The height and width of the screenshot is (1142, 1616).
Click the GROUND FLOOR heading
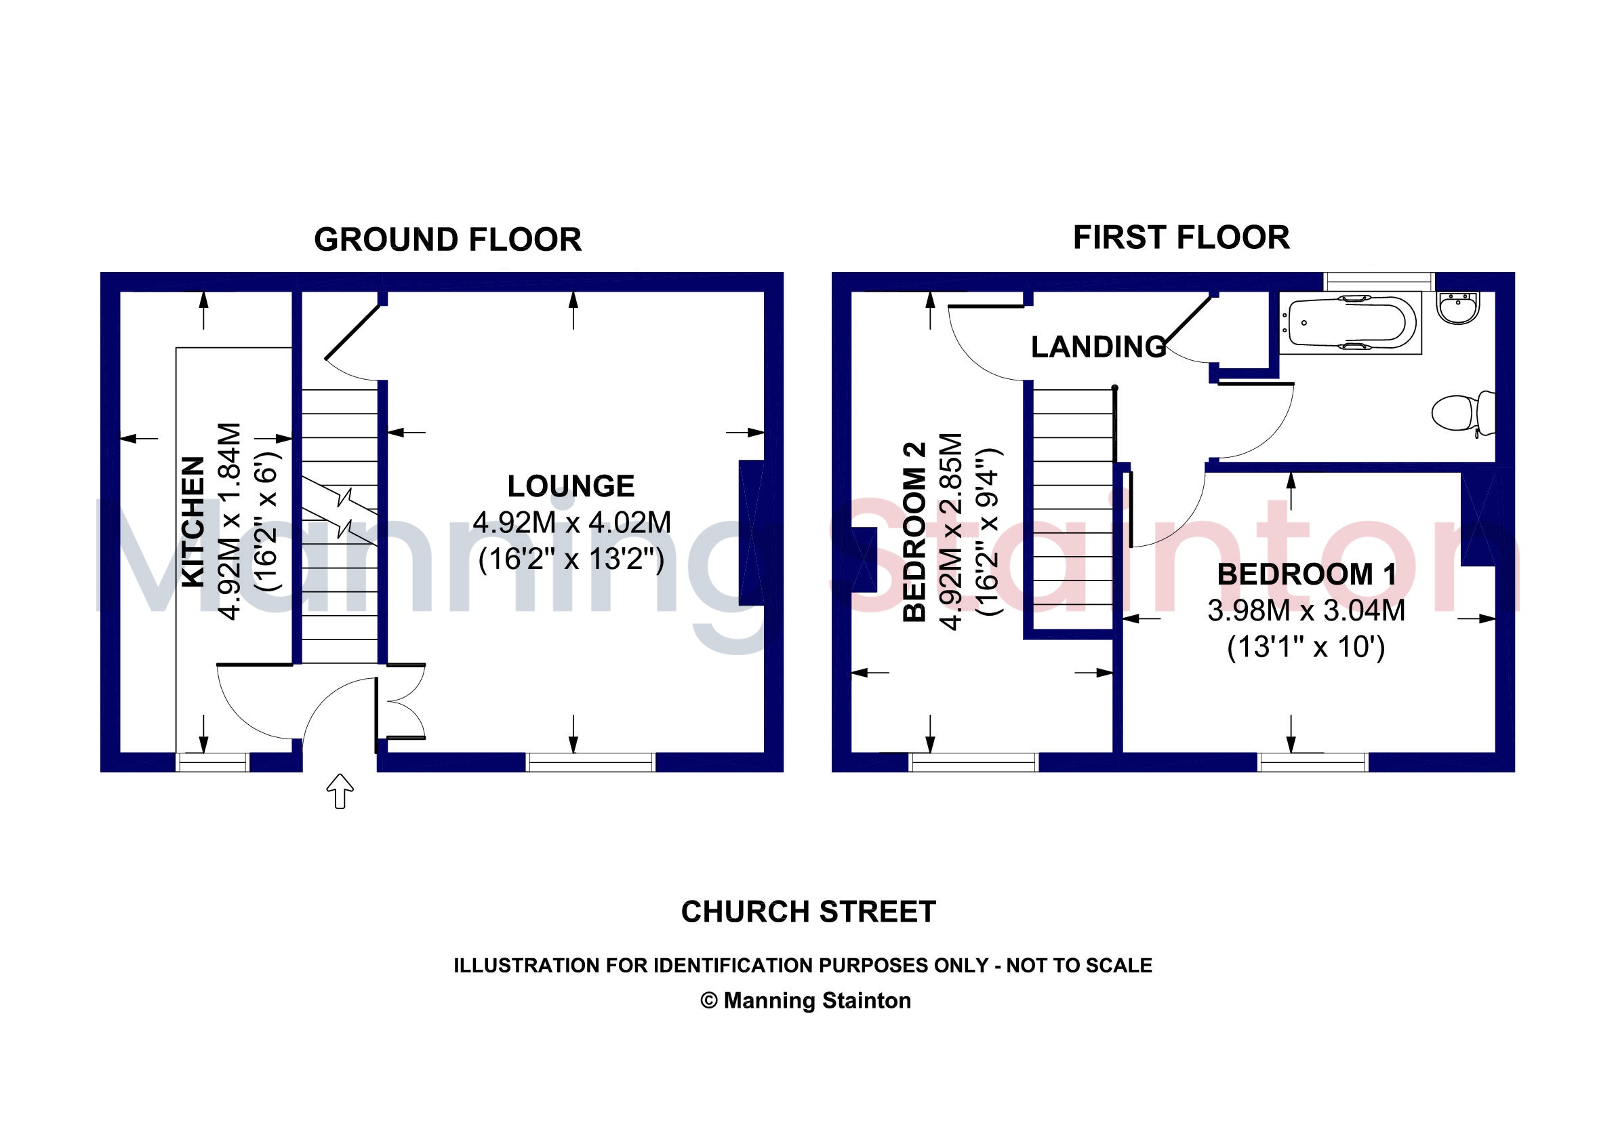pyautogui.click(x=447, y=240)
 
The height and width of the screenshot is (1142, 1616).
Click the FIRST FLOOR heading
pyautogui.click(x=1181, y=237)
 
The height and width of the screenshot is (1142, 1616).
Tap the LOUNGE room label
pyautogui.click(x=571, y=486)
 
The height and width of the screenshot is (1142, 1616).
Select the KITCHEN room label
pyautogui.click(x=193, y=521)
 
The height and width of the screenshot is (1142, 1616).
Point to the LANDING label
pyautogui.click(x=1099, y=347)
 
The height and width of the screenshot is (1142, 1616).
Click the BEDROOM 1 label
pyautogui.click(x=1307, y=574)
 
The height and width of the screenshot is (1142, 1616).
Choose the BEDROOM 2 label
pyautogui.click(x=914, y=532)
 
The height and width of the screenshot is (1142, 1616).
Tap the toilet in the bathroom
pyautogui.click(x=1464, y=413)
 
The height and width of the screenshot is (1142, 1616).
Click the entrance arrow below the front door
pyautogui.click(x=340, y=791)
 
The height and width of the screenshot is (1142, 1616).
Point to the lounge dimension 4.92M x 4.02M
pyautogui.click(x=571, y=522)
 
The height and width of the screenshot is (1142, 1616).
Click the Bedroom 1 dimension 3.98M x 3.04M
pyautogui.click(x=1306, y=610)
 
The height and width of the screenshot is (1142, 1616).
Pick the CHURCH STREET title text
pyautogui.click(x=808, y=913)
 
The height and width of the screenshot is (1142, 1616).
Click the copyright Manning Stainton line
pyautogui.click(x=806, y=1000)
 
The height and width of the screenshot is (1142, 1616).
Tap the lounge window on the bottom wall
pyautogui.click(x=591, y=762)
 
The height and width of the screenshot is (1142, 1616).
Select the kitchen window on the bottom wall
pyautogui.click(x=213, y=762)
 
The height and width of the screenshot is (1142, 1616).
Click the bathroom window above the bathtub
pyautogui.click(x=1379, y=281)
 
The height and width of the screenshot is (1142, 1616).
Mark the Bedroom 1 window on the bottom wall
pyautogui.click(x=1314, y=762)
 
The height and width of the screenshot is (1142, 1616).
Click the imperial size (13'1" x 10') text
pyautogui.click(x=1306, y=647)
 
